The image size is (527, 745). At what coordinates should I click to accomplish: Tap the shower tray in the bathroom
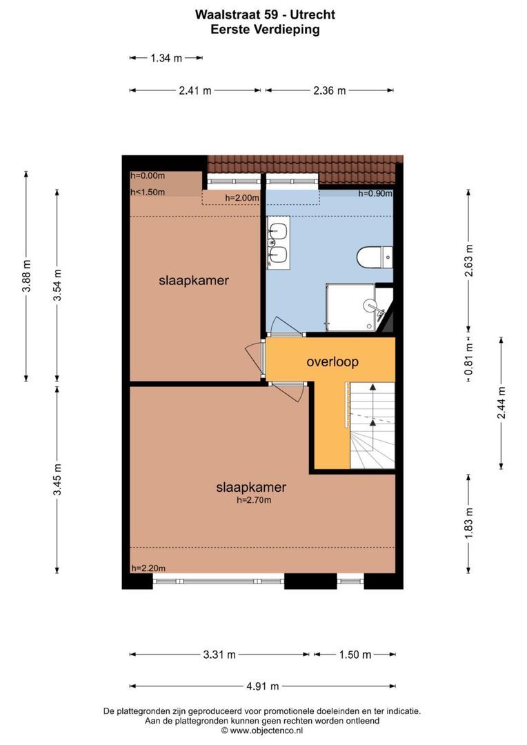[350, 307]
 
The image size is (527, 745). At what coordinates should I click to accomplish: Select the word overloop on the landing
[332, 361]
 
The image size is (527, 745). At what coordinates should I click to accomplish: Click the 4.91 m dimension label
[263, 686]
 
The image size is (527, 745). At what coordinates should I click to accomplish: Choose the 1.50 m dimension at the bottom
[355, 655]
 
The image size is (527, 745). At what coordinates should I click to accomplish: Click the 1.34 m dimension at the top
[166, 59]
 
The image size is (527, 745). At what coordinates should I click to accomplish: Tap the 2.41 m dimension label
[195, 90]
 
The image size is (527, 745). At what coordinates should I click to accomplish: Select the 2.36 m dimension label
[330, 90]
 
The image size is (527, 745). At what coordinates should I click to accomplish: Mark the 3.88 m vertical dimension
[26, 277]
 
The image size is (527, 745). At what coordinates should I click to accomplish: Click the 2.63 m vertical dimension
[469, 260]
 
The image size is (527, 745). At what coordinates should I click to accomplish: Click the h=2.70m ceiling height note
[251, 500]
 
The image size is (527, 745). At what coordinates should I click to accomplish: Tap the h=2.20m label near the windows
[148, 568]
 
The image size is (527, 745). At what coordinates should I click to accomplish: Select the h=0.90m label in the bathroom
[375, 194]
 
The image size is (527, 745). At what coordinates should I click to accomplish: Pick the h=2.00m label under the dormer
[242, 199]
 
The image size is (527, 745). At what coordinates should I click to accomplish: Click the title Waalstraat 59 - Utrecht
[265, 14]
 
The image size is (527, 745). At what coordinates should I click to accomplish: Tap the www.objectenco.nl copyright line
[262, 731]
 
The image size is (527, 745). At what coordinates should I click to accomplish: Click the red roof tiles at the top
[304, 164]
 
